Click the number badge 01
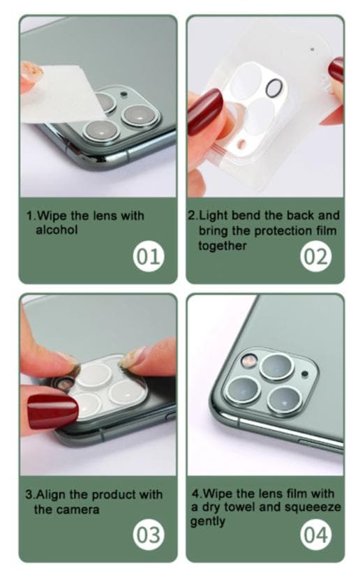coord(148,256)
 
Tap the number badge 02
coord(316,256)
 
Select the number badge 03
coord(148,535)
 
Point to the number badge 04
coord(316,535)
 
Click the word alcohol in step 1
coord(57,230)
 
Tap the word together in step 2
coord(223,246)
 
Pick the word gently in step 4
coord(207,521)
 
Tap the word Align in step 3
coord(51,495)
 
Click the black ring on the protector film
coord(274,89)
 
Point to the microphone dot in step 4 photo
coord(304,374)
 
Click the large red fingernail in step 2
coord(205,112)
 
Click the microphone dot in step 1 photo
coord(124,94)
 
